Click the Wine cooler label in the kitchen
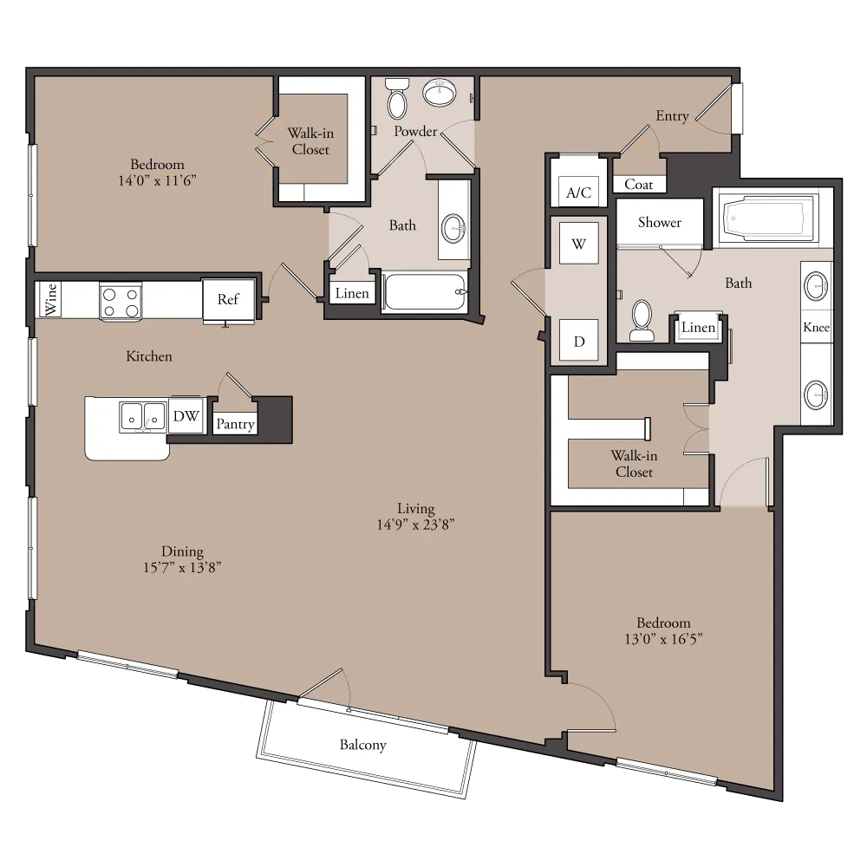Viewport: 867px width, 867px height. (51, 299)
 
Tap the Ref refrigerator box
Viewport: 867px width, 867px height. (228, 300)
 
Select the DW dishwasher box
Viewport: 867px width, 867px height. (186, 416)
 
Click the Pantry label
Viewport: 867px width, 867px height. (235, 424)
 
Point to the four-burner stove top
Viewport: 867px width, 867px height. (121, 302)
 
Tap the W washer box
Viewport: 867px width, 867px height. (578, 244)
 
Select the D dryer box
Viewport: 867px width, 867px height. (578, 341)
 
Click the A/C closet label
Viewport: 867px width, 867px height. (578, 192)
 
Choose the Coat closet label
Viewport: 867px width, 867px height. (639, 185)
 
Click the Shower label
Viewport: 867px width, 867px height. (659, 222)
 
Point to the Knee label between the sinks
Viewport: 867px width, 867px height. (816, 328)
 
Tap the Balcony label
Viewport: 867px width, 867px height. (362, 745)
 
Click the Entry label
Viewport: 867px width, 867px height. (672, 116)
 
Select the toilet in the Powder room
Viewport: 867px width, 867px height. (396, 99)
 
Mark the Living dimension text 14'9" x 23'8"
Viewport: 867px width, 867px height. (416, 525)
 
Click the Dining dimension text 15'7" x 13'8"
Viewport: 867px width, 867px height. (182, 567)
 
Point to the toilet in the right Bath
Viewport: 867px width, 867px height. (642, 321)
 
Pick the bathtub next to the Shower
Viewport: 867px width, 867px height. (768, 218)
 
